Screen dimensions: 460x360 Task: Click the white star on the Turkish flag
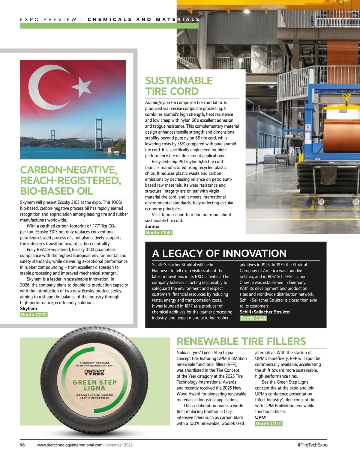click(82, 86)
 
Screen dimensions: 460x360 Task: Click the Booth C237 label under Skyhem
click(34, 315)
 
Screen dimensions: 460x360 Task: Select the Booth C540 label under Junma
click(159, 233)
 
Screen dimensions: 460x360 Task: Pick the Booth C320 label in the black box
click(253, 318)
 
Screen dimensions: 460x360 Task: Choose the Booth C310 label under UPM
click(269, 423)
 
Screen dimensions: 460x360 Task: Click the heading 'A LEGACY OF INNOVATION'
click(219, 254)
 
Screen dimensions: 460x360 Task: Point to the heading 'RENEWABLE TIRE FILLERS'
click(241, 341)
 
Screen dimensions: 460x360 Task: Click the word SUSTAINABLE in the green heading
click(179, 81)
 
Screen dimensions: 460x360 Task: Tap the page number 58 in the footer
click(22, 445)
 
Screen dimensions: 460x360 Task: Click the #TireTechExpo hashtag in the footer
click(312, 445)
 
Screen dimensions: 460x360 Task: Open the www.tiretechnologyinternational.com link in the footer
click(70, 445)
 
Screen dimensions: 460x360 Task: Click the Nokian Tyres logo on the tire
click(94, 372)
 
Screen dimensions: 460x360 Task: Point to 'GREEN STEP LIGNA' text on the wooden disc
click(94, 385)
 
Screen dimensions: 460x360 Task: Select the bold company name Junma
click(152, 227)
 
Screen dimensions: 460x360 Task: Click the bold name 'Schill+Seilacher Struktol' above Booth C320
click(265, 312)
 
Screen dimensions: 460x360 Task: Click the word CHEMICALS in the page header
click(109, 19)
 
